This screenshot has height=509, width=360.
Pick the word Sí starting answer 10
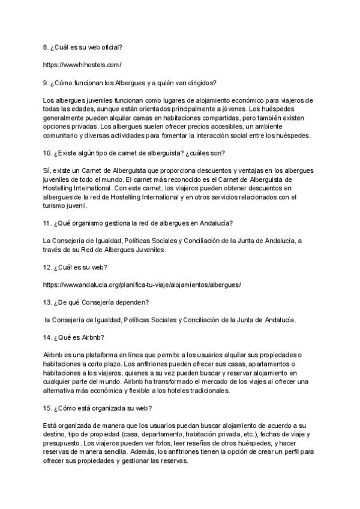click(x=47, y=170)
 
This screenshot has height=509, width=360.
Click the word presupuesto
click(x=64, y=444)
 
